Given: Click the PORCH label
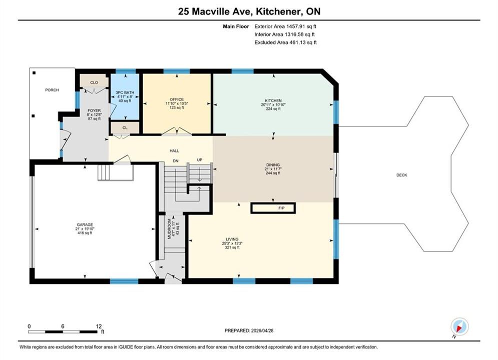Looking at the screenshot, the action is (52, 90).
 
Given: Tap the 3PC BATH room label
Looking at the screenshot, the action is (125, 92).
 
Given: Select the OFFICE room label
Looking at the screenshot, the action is (177, 99).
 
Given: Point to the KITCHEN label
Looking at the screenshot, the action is (273, 100).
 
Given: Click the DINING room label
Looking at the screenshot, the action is (273, 165).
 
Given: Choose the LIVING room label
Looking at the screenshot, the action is (232, 239).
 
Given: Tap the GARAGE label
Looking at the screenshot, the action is (85, 224).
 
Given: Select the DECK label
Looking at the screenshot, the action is (402, 175).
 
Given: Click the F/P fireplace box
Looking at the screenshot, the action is (273, 208).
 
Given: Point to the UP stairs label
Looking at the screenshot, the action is (200, 160).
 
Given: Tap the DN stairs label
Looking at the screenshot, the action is (176, 161).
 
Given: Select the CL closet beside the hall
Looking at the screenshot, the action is (125, 128).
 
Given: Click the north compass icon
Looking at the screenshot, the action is (459, 326).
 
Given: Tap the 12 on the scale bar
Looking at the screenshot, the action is (99, 326).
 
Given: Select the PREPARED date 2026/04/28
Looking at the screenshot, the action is (262, 330).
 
